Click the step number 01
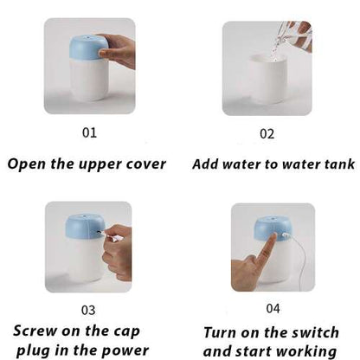tap(89, 132)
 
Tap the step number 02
tap(267, 134)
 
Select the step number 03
tap(88, 310)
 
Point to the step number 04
tap(273, 308)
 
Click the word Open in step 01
tap(27, 164)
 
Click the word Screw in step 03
tap(35, 331)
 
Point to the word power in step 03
tap(125, 351)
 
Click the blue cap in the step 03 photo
tap(85, 227)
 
